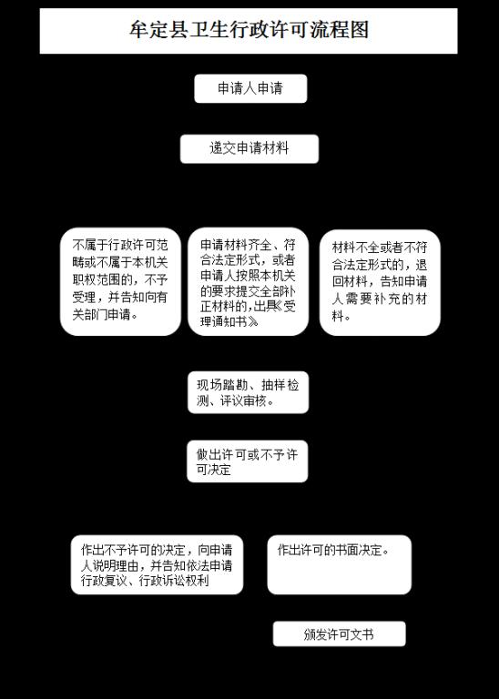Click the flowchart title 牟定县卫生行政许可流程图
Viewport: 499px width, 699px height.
pos(249,30)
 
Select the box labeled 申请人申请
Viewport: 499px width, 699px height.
pos(250,88)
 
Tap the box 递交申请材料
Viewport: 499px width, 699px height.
pos(249,149)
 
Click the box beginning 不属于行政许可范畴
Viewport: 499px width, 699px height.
pos(120,282)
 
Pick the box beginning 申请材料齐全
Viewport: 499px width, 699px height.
pos(248,282)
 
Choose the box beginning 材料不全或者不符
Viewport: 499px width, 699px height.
pos(380,283)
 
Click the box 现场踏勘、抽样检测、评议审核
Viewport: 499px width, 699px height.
pos(248,392)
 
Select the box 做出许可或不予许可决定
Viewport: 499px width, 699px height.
pos(248,461)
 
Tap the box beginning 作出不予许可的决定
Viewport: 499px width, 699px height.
pos(157,565)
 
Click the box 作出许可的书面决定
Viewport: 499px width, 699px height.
pos(340,565)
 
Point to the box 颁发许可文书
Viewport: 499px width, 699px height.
pos(340,633)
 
